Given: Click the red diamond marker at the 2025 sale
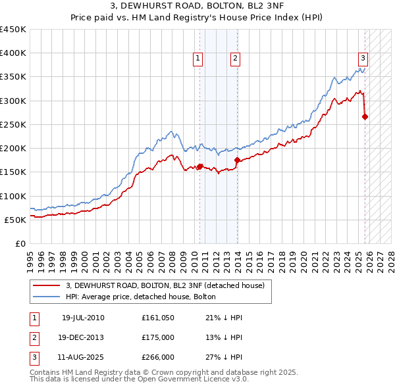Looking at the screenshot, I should pos(365,117).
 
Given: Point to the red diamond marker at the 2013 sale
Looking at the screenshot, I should pos(237,160).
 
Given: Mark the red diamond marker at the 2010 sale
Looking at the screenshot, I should pos(200,166).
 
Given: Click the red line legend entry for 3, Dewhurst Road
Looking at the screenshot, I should pos(165,285).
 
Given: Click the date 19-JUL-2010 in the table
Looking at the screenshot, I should pos(83,318).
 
